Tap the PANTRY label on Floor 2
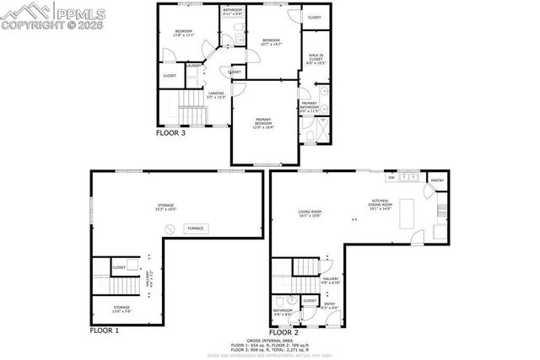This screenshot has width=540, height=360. coord(437,180)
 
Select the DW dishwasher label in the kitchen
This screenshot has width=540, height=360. coord(391,178)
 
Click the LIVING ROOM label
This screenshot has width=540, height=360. coord(310,213)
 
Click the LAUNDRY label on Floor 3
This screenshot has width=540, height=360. coord(192,65)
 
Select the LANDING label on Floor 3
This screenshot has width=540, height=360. coord(216,94)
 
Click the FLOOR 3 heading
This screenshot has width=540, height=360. coord(171,132)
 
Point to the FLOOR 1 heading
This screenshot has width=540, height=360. coord(105,330)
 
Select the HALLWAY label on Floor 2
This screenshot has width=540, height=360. coord(330,280)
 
